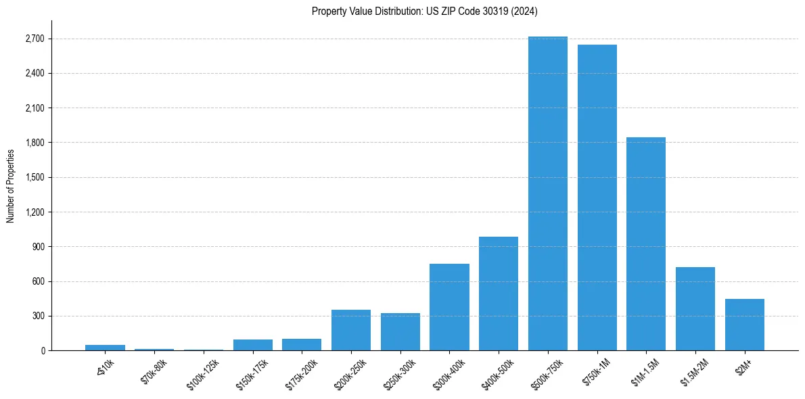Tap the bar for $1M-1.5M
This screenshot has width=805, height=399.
[x=646, y=243]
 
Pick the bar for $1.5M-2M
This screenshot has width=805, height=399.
[x=695, y=308]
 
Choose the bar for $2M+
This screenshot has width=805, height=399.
[x=744, y=325]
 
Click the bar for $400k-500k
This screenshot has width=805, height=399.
[x=499, y=294]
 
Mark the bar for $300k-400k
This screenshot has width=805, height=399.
[x=449, y=307]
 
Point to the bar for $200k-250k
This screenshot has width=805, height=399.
[x=351, y=330]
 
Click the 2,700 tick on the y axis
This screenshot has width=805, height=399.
[x=34, y=39]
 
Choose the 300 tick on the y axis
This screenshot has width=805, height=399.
[x=38, y=316]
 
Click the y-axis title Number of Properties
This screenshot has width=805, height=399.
[x=10, y=185]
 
